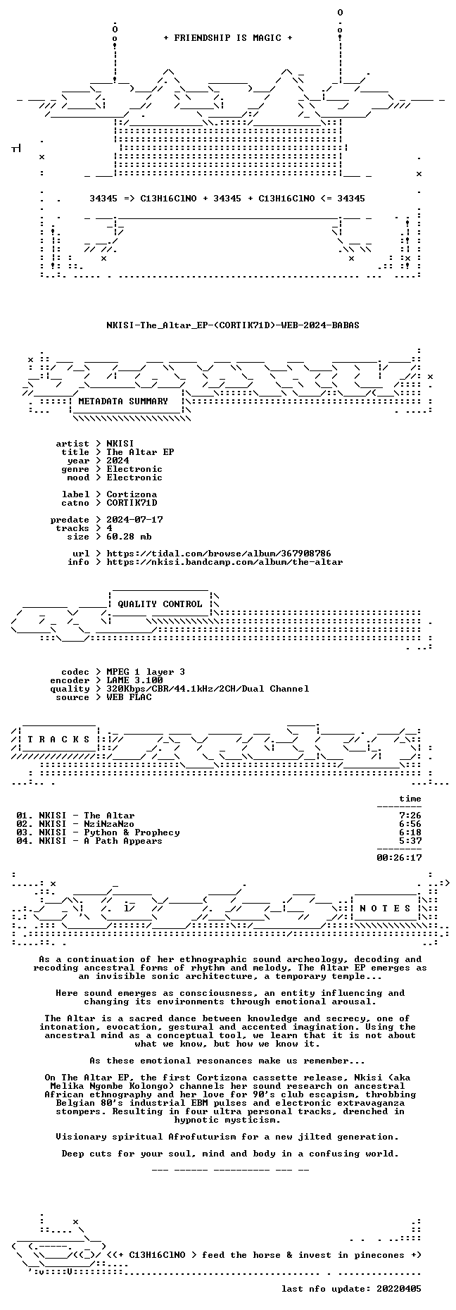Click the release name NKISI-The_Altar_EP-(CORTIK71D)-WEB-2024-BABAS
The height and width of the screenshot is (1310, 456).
tap(233, 325)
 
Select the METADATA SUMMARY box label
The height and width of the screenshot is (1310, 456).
tap(123, 401)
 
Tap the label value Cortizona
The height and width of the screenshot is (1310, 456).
tap(132, 494)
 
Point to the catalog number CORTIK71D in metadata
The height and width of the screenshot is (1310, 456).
tap(132, 503)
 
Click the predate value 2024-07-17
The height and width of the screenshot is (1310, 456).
tap(134, 520)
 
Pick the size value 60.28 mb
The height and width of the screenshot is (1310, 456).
tap(129, 537)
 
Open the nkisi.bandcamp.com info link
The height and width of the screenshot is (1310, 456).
tap(224, 562)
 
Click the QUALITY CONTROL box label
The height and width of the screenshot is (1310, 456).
tap(160, 604)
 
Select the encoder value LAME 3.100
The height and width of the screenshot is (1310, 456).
tap(134, 680)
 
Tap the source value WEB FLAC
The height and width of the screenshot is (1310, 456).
tap(129, 697)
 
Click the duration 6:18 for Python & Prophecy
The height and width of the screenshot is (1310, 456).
tap(410, 832)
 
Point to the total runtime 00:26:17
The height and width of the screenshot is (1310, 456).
tap(399, 858)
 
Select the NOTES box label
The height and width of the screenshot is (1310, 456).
tap(385, 909)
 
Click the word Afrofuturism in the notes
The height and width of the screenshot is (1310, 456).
tap(199, 1137)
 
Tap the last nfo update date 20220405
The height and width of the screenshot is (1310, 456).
tap(399, 1289)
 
